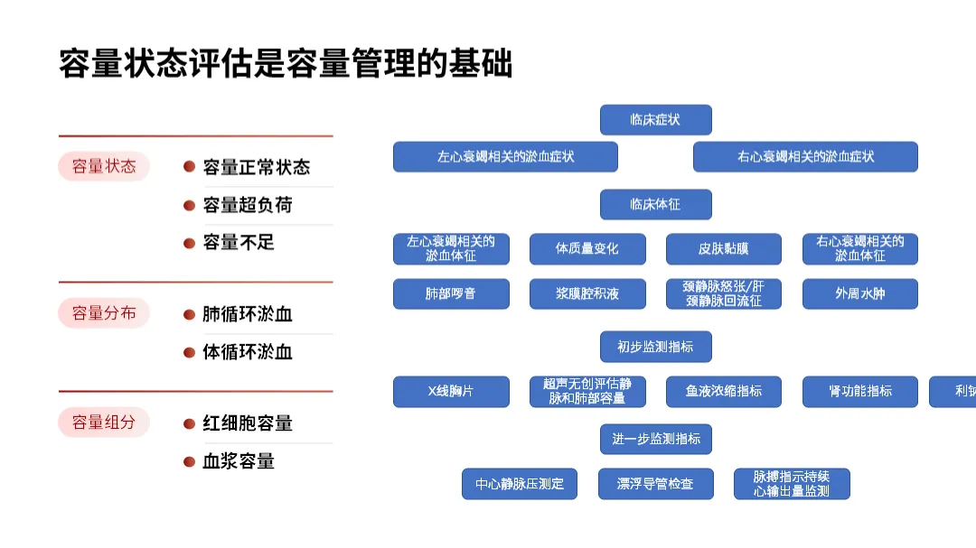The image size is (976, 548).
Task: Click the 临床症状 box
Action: click(655, 120)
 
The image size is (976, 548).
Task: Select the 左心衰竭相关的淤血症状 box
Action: click(505, 156)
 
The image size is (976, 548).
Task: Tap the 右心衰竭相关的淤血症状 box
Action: click(805, 156)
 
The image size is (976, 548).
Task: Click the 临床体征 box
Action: click(655, 204)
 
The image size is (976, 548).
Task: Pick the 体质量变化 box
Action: click(587, 248)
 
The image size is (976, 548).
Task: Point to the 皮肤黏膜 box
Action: click(724, 248)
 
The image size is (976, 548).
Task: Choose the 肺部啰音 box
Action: click(451, 293)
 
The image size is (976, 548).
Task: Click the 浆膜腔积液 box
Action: click(587, 293)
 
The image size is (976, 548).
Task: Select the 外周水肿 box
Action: click(860, 293)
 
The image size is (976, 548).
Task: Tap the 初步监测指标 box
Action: click(655, 347)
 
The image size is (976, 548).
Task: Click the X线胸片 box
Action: click(451, 391)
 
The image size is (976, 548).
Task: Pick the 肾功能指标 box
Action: click(860, 391)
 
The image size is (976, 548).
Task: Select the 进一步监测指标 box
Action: click(655, 439)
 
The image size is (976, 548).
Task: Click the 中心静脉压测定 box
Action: click(520, 484)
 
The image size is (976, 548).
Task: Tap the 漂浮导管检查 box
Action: click(655, 484)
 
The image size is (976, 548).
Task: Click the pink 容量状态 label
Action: click(104, 166)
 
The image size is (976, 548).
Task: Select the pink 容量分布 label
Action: click(104, 313)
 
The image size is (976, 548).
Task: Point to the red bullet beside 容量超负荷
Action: click(189, 205)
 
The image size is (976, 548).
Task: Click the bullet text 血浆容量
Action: click(239, 461)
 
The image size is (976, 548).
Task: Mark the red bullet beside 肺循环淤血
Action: click(189, 315)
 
